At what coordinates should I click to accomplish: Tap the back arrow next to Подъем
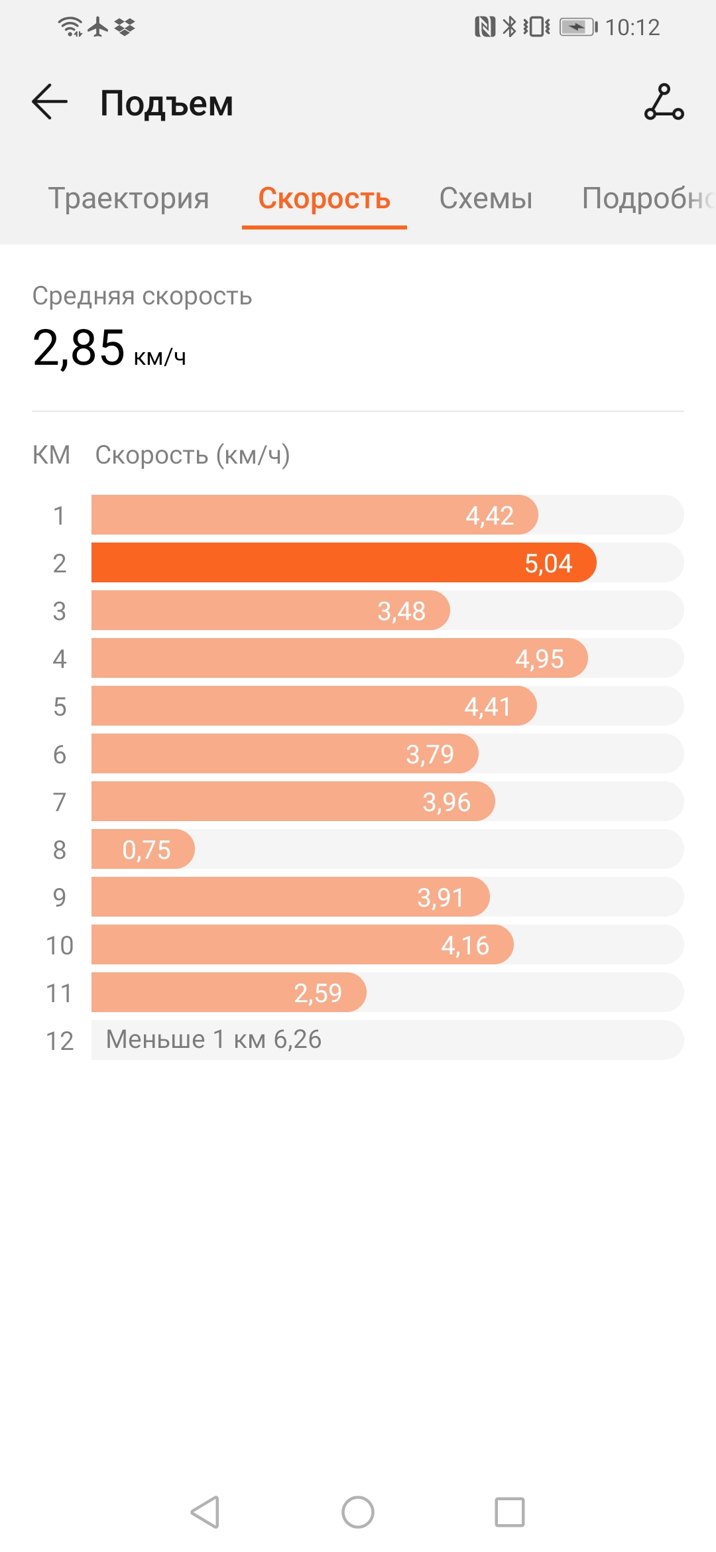click(50, 102)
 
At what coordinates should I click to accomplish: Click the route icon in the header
click(664, 102)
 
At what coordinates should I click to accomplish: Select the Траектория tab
click(129, 198)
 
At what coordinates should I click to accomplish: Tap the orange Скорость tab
click(324, 198)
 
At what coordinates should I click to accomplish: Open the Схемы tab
click(486, 198)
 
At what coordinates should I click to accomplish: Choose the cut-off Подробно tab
click(646, 198)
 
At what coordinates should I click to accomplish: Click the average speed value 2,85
click(79, 348)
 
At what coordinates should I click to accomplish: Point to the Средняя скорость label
click(142, 296)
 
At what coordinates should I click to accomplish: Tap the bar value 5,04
click(548, 563)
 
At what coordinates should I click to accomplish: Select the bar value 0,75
click(147, 850)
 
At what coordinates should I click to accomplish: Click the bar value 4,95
click(540, 659)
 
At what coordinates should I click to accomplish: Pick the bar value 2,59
click(318, 993)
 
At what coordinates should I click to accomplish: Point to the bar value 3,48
click(402, 611)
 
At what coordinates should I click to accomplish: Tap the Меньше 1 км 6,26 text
click(213, 1039)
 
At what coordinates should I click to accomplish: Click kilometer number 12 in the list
click(60, 1041)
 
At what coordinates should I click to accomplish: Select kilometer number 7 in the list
click(60, 802)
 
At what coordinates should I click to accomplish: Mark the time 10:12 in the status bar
click(632, 27)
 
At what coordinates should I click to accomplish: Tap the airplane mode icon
click(98, 27)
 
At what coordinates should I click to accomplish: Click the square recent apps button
click(510, 1512)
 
